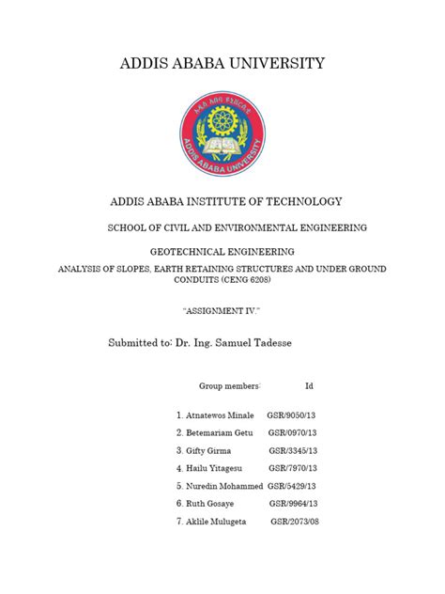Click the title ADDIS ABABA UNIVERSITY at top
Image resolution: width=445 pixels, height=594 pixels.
[x=222, y=64]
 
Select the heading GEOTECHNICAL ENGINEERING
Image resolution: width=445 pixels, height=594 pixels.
[x=222, y=251]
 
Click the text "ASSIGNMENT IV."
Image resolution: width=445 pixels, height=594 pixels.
[x=222, y=308]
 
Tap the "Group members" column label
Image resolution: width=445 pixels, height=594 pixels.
[x=228, y=386]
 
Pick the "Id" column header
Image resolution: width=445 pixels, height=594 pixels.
[x=310, y=386]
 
